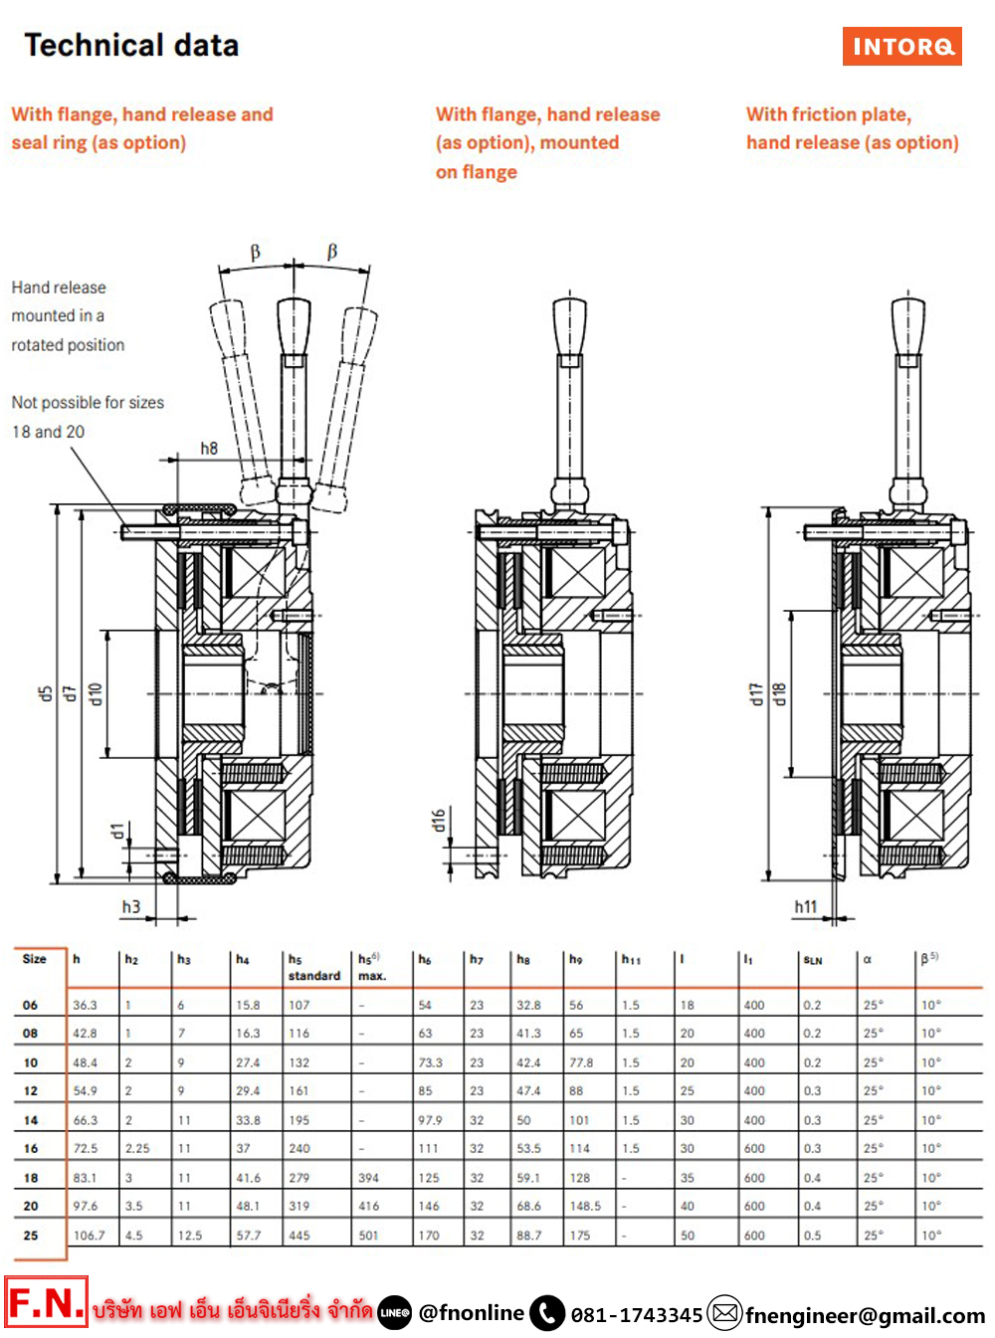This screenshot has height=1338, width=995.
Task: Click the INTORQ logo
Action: (x=901, y=46)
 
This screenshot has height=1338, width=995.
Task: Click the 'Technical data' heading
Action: (x=131, y=46)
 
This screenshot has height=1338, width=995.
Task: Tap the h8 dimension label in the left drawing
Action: (x=209, y=449)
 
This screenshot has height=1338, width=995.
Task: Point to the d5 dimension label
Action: (x=45, y=693)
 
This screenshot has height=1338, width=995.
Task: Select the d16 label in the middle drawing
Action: (x=439, y=820)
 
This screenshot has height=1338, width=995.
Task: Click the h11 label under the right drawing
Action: (x=806, y=906)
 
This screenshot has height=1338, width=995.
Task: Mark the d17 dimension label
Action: (x=756, y=694)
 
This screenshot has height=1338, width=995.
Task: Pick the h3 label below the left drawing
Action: (x=131, y=906)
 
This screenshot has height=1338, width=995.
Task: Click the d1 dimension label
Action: (x=117, y=831)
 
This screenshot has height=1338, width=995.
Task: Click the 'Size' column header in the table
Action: (x=35, y=959)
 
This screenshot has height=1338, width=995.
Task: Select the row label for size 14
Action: (x=31, y=1120)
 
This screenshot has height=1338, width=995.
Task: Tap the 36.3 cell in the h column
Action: (x=86, y=1005)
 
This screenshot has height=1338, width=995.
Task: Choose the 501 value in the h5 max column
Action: (x=369, y=1236)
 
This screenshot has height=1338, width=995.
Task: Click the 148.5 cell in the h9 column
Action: (x=585, y=1206)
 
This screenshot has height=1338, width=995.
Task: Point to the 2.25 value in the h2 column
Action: (x=137, y=1148)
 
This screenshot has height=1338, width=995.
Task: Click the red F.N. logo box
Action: (x=47, y=1302)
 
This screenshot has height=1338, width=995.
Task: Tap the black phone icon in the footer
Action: (x=547, y=1313)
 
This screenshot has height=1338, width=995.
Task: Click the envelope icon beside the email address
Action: (x=725, y=1313)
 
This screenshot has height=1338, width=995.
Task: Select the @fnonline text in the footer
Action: (x=471, y=1313)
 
